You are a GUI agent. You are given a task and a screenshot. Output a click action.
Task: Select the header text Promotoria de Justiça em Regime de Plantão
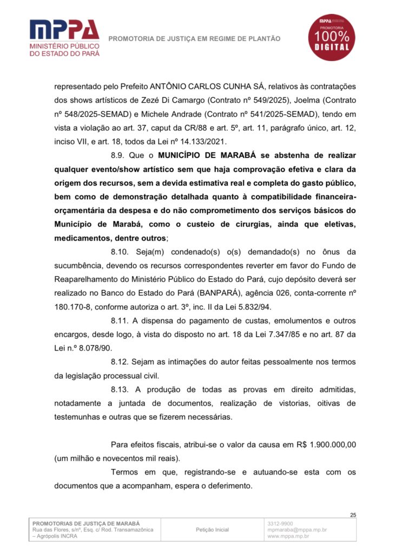pyautogui.click(x=195, y=38)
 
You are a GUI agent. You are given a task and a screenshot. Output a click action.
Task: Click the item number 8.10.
pyautogui.click(x=121, y=252)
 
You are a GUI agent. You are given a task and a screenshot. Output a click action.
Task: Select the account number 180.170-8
pyautogui.click(x=75, y=308)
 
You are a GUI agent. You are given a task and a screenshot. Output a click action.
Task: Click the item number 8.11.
pyautogui.click(x=121, y=322)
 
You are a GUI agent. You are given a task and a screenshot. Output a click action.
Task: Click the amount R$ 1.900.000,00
pyautogui.click(x=326, y=444)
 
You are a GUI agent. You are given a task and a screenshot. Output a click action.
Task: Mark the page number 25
pyautogui.click(x=353, y=515)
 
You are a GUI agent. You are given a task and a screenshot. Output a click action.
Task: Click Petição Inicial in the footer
pyautogui.click(x=212, y=530)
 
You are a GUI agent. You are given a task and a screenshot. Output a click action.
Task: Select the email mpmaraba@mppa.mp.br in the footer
pyautogui.click(x=297, y=530)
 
